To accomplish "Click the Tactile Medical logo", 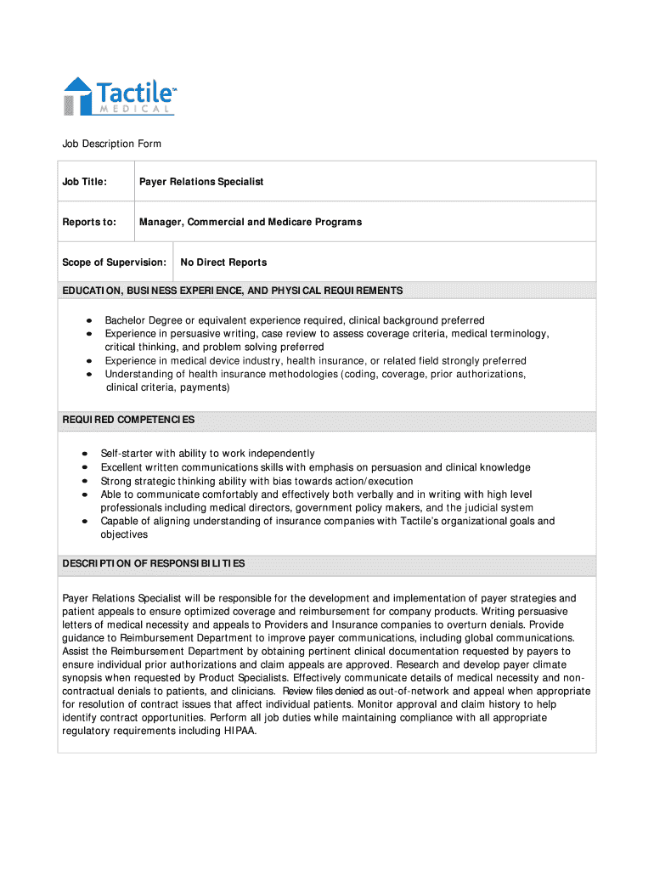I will point(120,95).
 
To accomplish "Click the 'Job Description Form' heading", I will point(111,144).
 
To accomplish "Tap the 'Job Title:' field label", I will point(84,182).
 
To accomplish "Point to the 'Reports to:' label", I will point(89,222).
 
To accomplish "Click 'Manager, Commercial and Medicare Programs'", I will point(251,222).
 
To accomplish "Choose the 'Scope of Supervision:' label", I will point(114,263).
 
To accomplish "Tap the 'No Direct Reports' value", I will point(223,263).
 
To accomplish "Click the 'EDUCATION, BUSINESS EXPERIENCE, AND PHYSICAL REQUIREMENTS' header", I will point(233,291).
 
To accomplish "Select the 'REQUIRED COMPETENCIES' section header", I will point(128,420).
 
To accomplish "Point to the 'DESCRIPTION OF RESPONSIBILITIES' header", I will point(154,563).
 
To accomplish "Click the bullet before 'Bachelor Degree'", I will point(88,321).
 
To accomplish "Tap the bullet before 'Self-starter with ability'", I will point(85,454).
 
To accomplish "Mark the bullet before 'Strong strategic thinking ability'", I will point(85,481).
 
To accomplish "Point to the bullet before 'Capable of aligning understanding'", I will point(85,521).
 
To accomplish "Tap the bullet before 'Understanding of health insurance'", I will point(88,374).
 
